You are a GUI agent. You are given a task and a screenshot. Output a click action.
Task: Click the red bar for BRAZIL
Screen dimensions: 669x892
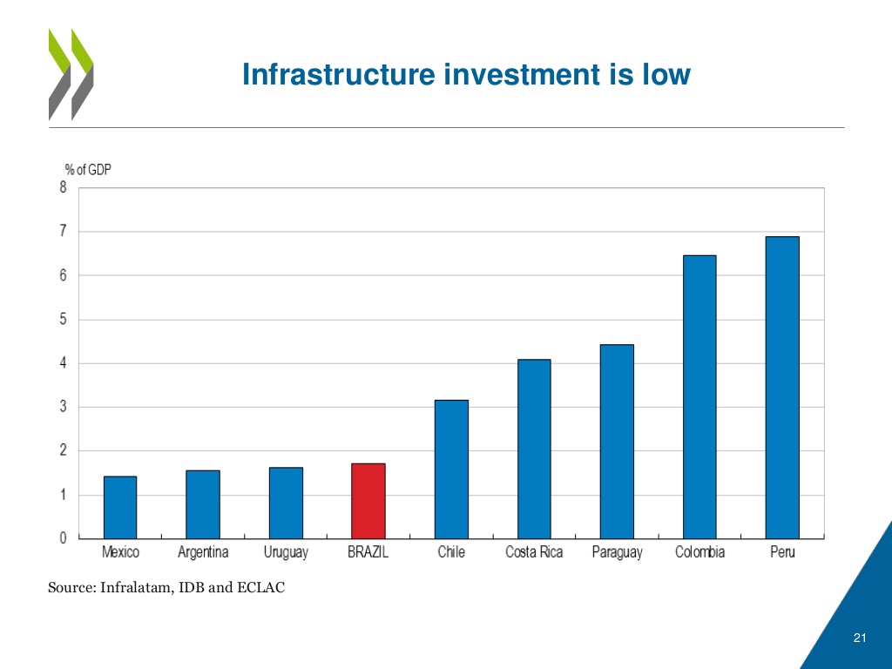pos(368,500)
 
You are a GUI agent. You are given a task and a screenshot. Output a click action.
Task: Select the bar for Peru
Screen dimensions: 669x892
pos(782,387)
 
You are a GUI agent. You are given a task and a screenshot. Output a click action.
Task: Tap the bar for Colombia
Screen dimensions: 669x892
pos(699,396)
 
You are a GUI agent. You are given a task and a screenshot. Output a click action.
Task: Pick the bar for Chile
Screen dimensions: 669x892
pos(451,469)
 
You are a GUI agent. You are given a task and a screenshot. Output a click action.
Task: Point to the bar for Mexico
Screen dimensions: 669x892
pos(120,507)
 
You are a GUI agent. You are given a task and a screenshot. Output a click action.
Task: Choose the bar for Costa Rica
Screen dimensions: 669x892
pos(534,448)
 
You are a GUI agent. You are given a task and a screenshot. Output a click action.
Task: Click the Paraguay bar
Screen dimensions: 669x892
pos(617,441)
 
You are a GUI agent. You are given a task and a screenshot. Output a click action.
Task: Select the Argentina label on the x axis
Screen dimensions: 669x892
pos(203,552)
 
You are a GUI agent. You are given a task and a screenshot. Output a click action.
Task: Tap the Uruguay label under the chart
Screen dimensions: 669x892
pos(286,552)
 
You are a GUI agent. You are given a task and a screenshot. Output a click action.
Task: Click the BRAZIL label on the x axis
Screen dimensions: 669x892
pos(368,552)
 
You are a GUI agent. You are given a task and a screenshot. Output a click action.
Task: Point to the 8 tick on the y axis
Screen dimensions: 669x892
pos(63,187)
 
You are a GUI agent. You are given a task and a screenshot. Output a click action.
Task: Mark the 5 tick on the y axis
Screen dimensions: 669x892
pos(63,320)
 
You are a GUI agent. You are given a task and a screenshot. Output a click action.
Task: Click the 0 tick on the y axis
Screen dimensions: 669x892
pos(63,538)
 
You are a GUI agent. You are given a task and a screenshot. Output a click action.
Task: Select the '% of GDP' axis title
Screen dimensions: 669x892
pos(88,170)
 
